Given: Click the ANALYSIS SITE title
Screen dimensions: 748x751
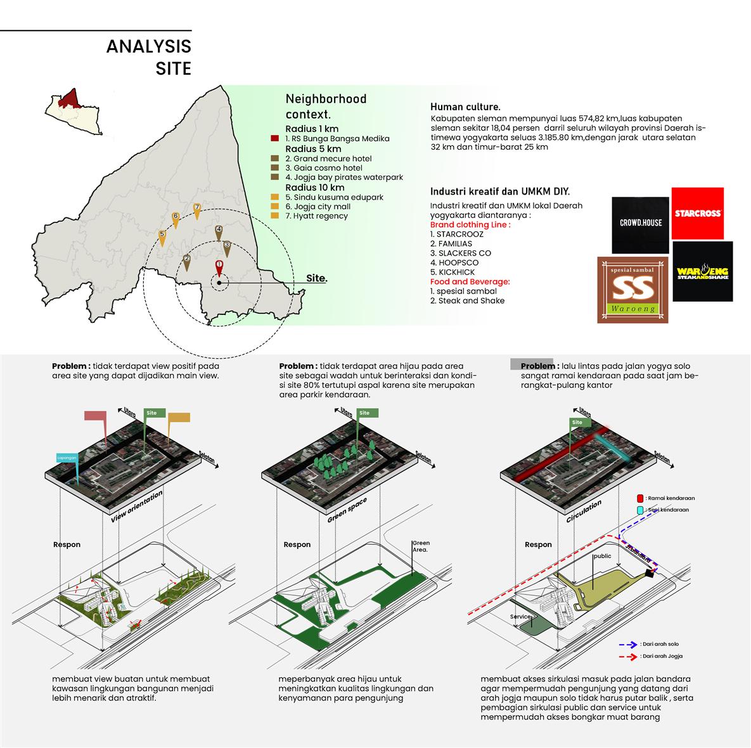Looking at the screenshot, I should [x=148, y=56].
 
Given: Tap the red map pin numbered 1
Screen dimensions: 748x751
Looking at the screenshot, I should [x=219, y=267].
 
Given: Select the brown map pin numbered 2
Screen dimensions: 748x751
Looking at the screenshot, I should [x=186, y=261].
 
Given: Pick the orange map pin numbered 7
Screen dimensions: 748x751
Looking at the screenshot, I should [x=197, y=210].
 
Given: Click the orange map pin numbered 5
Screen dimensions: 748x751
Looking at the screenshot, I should [x=162, y=236].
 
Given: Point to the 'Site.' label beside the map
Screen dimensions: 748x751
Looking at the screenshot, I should [x=317, y=278].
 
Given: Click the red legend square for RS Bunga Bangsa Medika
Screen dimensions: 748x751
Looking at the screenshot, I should [x=274, y=139].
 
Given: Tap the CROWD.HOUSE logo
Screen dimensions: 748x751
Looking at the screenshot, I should [x=640, y=224].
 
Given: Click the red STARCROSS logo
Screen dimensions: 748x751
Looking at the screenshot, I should [x=697, y=214].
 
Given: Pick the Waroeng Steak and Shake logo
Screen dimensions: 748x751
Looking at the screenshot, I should [x=702, y=271].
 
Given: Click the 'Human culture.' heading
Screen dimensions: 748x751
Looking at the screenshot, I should [x=465, y=107].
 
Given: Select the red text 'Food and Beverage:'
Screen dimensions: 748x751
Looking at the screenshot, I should [x=470, y=281].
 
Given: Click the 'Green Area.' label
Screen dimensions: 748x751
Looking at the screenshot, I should [x=421, y=546].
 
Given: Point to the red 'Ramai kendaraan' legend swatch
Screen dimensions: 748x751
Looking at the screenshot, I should [x=640, y=498].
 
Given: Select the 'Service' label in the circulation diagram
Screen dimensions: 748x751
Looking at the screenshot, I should [x=520, y=616].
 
